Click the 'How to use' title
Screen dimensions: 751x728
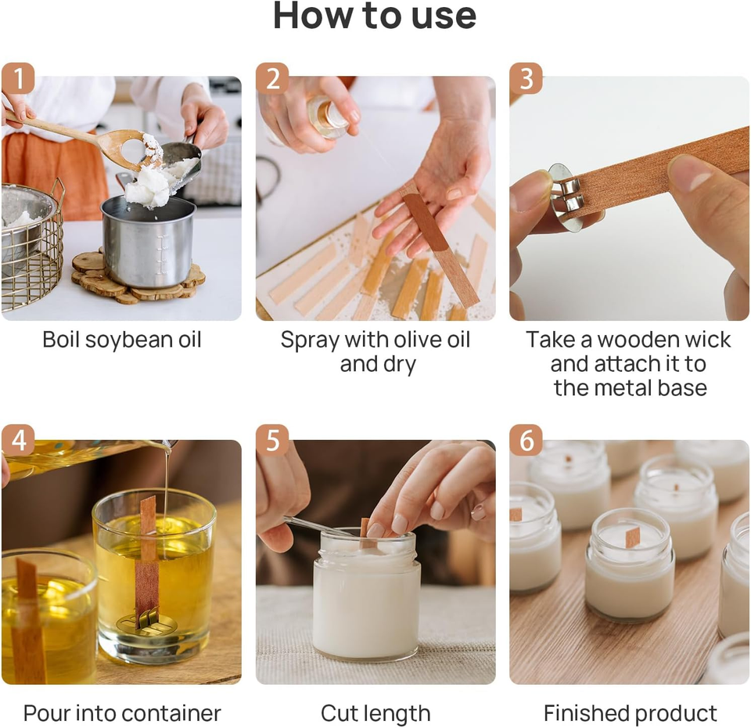pos(375,16)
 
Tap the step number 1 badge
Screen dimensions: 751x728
pos(18,78)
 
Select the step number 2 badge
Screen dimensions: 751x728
pos(272,78)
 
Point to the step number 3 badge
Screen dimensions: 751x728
pos(526,78)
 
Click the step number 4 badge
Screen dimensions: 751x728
pos(18,440)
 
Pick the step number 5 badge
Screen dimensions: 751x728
pos(272,440)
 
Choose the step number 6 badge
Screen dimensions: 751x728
pos(526,440)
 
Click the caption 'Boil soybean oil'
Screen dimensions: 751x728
pos(122,340)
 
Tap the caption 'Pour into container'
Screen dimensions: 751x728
pos(122,713)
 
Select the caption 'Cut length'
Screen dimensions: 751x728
pos(375,714)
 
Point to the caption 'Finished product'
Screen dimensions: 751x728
pos(630,713)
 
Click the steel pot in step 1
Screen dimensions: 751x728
pos(149,241)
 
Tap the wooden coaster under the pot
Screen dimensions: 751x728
pos(139,281)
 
